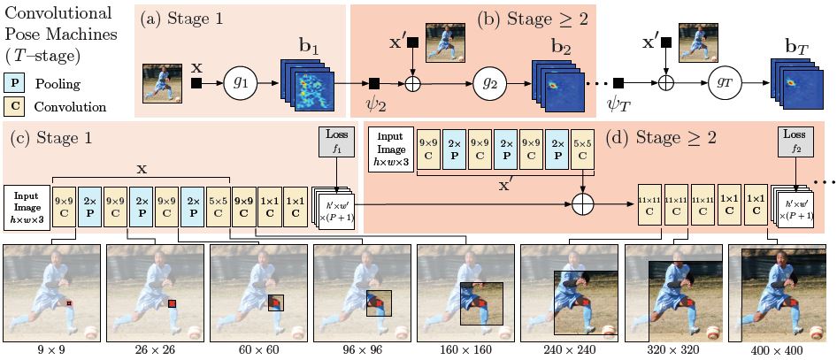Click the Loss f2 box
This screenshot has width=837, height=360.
click(x=792, y=143)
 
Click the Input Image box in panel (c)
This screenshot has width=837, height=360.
click(x=26, y=208)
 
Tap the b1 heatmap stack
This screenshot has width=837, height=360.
click(x=306, y=88)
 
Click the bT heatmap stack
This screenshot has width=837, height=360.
click(x=790, y=88)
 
